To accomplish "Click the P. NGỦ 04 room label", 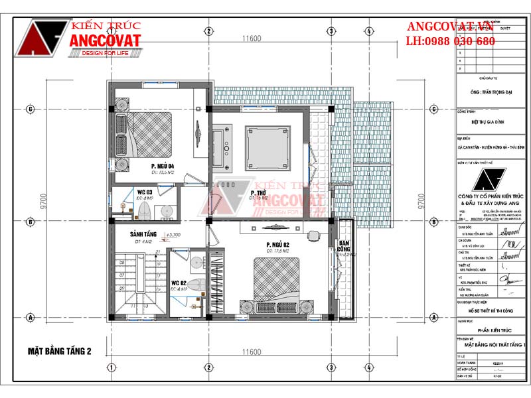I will (162, 165).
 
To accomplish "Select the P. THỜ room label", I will (258, 191).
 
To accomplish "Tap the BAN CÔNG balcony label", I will (344, 247).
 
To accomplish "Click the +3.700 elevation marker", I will (173, 235).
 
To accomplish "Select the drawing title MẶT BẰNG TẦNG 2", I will (60, 350).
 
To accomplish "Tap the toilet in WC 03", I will (143, 210).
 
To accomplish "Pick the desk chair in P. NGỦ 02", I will (314, 233).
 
